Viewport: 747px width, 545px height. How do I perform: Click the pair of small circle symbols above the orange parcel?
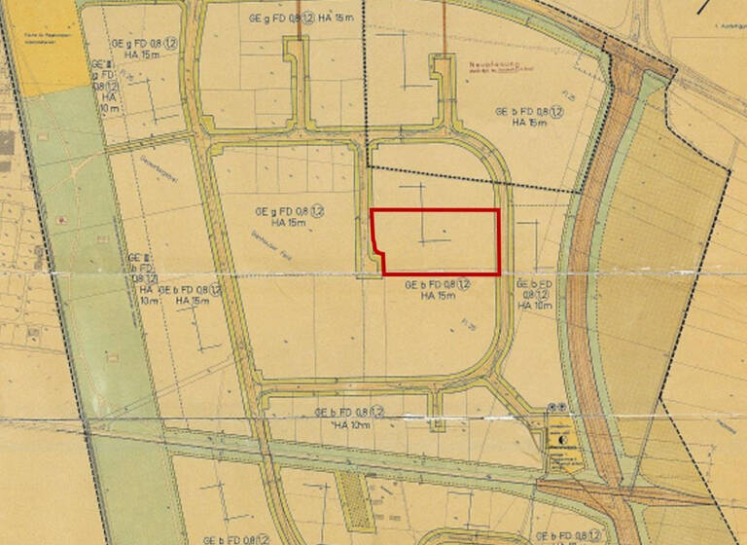(556, 406)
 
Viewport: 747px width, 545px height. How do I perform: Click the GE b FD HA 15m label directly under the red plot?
(438, 289)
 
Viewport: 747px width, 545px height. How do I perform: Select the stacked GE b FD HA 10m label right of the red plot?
(537, 294)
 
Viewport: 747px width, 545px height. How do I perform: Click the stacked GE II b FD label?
(143, 276)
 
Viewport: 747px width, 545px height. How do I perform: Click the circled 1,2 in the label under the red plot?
(464, 283)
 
